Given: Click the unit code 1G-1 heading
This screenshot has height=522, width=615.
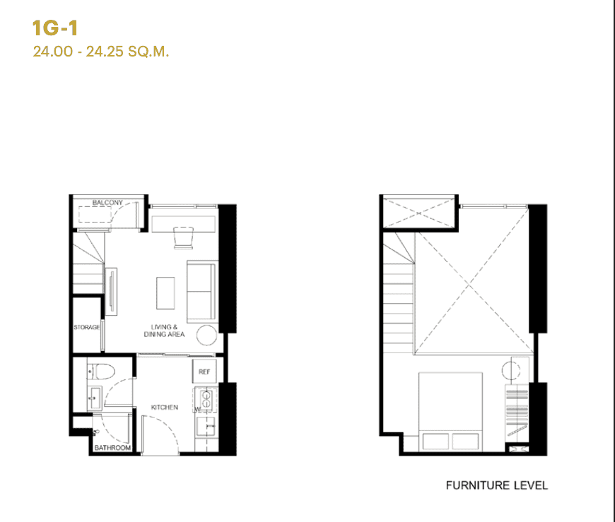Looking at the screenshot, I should pyautogui.click(x=54, y=28).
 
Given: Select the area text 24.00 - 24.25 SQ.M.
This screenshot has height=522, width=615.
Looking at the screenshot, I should pyautogui.click(x=101, y=52).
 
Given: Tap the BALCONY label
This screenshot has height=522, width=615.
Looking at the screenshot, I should pyautogui.click(x=107, y=203).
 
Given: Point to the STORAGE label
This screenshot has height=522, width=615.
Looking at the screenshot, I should pyautogui.click(x=87, y=328).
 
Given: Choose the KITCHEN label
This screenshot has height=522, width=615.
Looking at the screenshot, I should pyautogui.click(x=164, y=408).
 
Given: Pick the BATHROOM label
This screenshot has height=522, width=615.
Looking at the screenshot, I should pyautogui.click(x=113, y=448).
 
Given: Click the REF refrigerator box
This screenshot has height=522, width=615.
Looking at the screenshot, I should pyautogui.click(x=204, y=372).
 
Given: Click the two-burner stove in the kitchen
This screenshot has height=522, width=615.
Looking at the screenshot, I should pyautogui.click(x=206, y=399).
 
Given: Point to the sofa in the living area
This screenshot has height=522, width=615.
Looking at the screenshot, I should pyautogui.click(x=201, y=290).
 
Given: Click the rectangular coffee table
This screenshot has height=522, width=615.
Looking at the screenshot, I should pyautogui.click(x=165, y=292).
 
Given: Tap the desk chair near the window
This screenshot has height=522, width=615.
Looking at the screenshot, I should pyautogui.click(x=183, y=238).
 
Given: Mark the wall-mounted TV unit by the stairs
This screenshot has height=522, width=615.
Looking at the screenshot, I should pyautogui.click(x=110, y=292).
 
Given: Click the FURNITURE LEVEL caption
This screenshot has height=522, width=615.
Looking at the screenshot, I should pyautogui.click(x=496, y=485).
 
